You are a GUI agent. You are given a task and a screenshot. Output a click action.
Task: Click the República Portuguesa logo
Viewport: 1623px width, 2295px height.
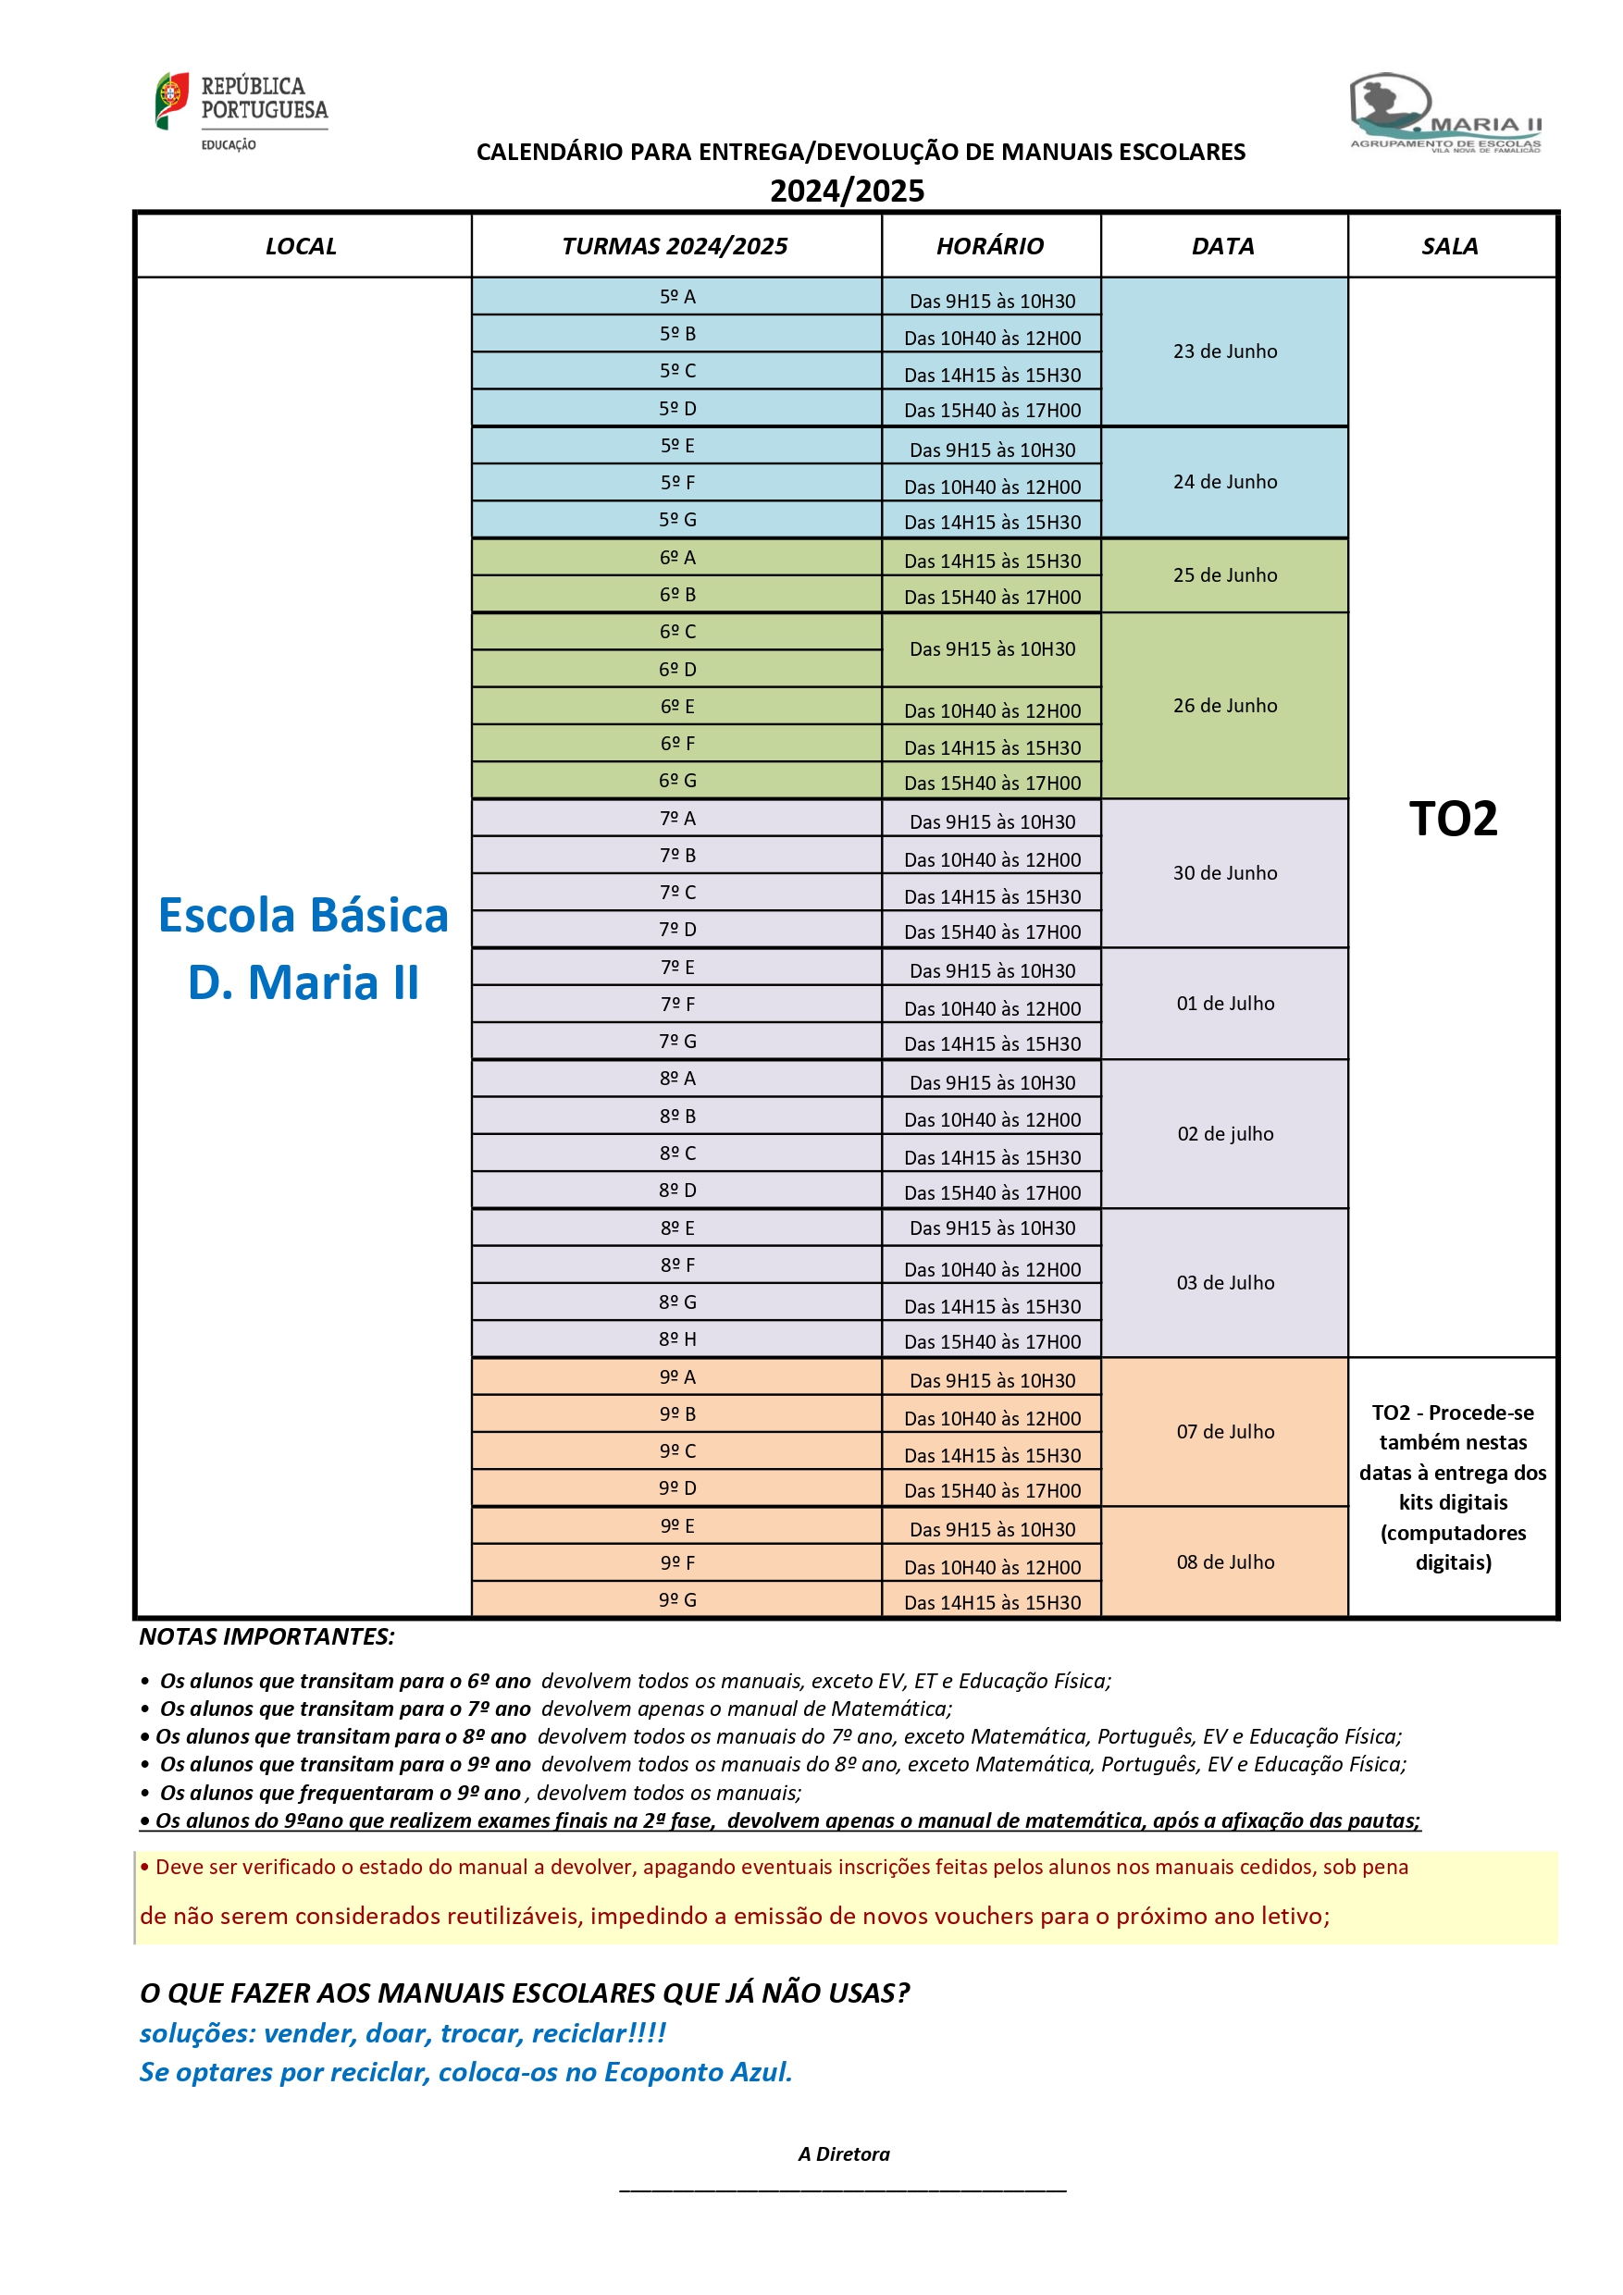point(241,110)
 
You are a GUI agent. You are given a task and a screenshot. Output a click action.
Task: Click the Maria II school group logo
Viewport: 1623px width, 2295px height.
point(1445,112)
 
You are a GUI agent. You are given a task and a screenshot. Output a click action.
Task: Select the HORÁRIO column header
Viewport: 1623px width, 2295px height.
point(989,246)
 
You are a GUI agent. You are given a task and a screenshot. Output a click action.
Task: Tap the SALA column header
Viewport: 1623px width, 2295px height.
point(1449,246)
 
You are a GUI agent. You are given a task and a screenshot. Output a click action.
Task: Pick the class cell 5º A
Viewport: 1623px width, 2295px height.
point(677,297)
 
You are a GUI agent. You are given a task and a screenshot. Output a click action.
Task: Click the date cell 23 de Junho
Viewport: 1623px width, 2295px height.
point(1224,352)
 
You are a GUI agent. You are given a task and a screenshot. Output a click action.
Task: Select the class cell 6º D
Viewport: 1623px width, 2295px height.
point(677,669)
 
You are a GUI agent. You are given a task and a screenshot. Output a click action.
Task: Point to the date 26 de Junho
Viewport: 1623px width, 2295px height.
point(1224,706)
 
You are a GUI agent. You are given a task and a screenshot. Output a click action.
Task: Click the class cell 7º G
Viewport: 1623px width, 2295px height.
point(677,1042)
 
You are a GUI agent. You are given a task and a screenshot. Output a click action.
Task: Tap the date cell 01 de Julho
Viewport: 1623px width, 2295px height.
point(1224,1004)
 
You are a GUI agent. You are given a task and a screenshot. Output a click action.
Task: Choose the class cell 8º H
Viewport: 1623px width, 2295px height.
point(677,1339)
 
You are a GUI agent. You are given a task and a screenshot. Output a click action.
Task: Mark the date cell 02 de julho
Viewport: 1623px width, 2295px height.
point(1224,1133)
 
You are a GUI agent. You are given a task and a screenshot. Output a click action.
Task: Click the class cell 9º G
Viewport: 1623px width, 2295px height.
point(677,1600)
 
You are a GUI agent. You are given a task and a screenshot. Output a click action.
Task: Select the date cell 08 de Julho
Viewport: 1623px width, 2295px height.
point(1224,1562)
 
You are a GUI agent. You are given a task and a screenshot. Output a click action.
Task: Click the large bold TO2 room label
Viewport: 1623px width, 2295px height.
point(1452,819)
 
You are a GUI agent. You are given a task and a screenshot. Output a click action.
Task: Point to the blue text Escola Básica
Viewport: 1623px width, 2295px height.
point(303,916)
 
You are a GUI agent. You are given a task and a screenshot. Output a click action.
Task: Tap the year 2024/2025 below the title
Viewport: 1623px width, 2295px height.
point(846,191)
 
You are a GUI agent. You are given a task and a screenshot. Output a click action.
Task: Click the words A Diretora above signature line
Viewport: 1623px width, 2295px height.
point(843,2154)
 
